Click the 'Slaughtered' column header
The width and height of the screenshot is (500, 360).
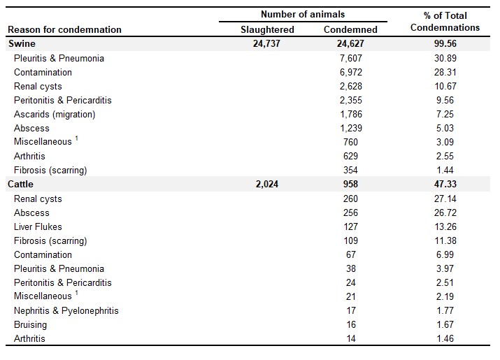coord(267,29)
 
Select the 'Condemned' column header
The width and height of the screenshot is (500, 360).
coord(350,29)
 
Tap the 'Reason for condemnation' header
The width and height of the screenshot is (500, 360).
coord(64,29)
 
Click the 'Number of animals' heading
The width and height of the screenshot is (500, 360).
coord(303,15)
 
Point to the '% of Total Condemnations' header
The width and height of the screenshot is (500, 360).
coord(445,22)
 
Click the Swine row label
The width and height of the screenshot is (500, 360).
coord(22,43)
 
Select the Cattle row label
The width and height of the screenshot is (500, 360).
coord(20,184)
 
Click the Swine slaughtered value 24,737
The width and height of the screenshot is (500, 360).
coord(266,43)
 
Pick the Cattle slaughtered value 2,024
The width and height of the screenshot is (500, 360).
coord(267,184)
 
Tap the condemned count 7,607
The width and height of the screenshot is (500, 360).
coord(351,58)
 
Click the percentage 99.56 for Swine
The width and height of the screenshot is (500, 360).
coord(445,43)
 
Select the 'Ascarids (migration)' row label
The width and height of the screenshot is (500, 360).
coord(55,115)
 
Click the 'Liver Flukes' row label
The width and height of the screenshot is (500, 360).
coord(38,226)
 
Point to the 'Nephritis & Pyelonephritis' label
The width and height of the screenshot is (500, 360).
coord(66,311)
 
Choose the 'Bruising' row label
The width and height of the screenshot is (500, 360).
coord(30,325)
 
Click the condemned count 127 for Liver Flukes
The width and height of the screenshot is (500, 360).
coord(351,226)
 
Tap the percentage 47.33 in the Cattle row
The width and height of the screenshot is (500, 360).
coord(445,184)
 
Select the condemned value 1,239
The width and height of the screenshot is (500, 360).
coord(351,129)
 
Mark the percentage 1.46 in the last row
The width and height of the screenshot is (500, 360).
coord(445,338)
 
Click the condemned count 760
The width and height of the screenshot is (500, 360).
coord(351,142)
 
